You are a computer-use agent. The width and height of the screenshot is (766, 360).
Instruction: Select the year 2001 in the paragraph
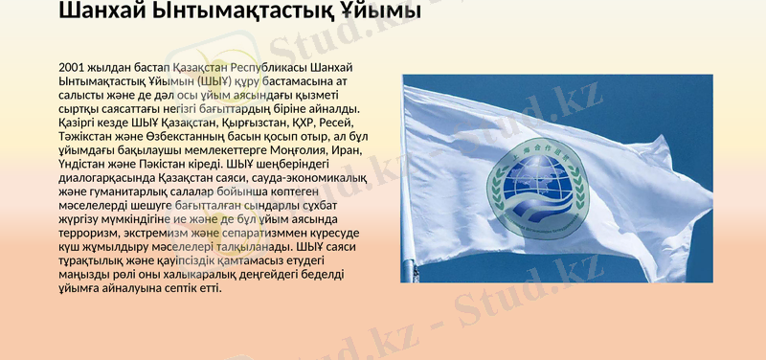click(75, 68)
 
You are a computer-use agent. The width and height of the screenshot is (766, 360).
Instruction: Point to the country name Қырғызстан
click(223, 123)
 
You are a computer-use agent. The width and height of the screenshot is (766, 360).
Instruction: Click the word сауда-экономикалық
click(293, 178)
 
